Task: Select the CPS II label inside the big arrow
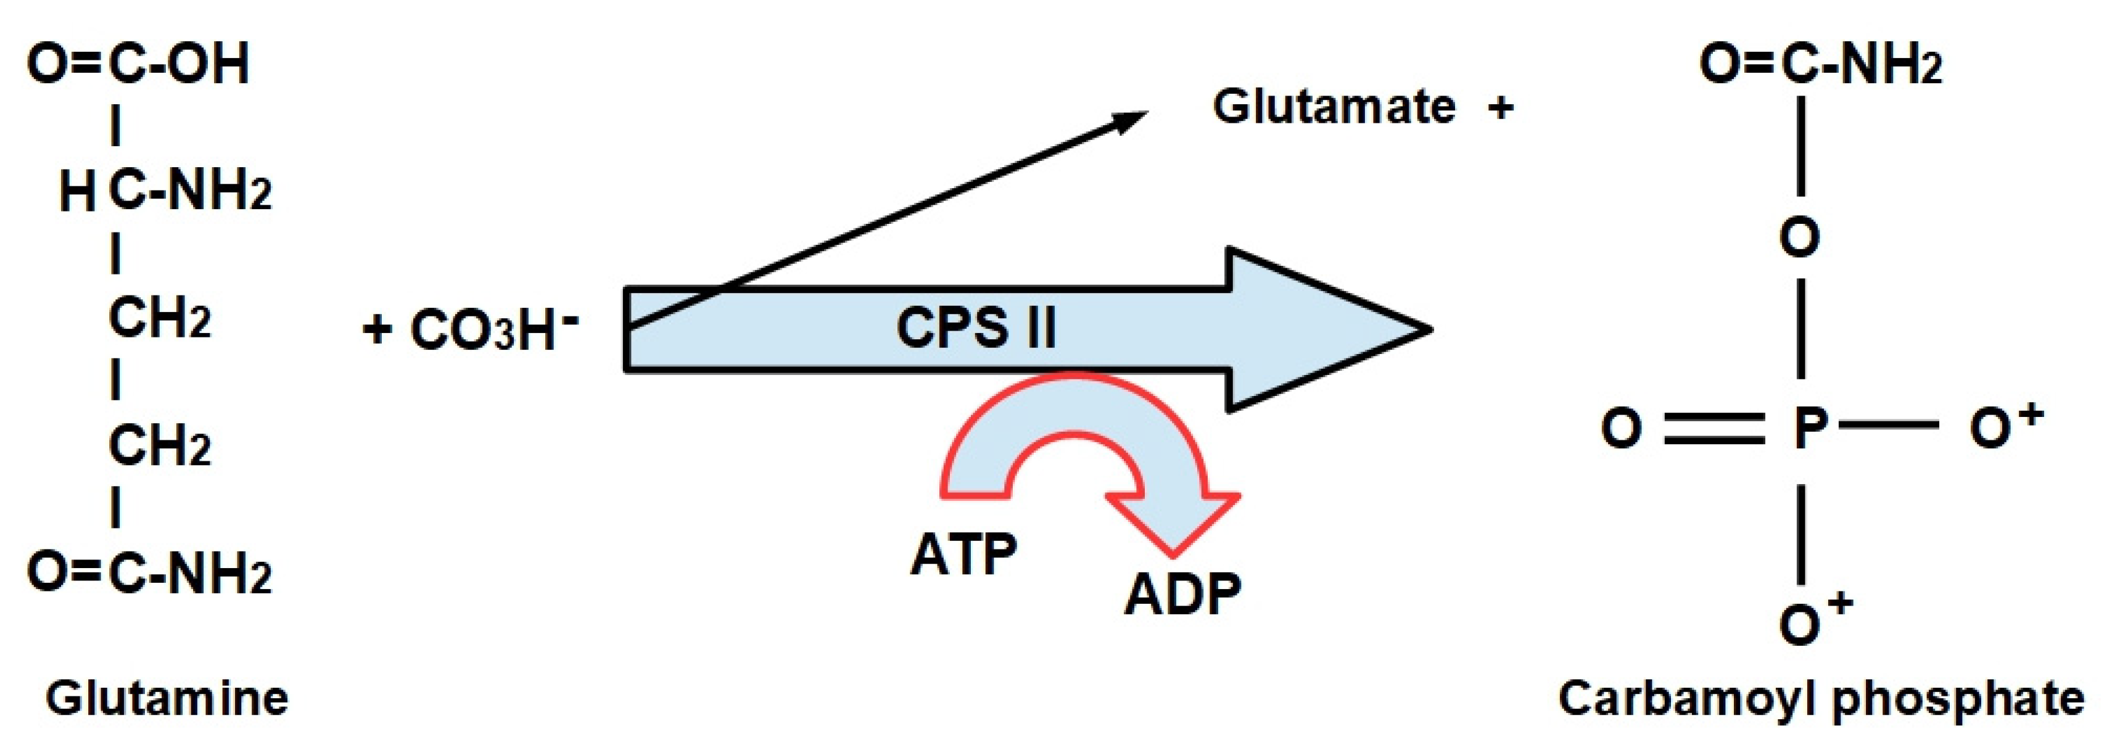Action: [x=975, y=328]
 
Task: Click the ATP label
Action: [x=963, y=554]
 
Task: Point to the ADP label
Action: [x=1182, y=593]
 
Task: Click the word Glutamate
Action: [x=1333, y=107]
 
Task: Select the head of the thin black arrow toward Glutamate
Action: [x=1136, y=118]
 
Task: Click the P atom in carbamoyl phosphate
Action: [x=1810, y=428]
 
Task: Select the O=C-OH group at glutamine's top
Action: [x=138, y=64]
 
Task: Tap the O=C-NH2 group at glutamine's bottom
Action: [x=148, y=574]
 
